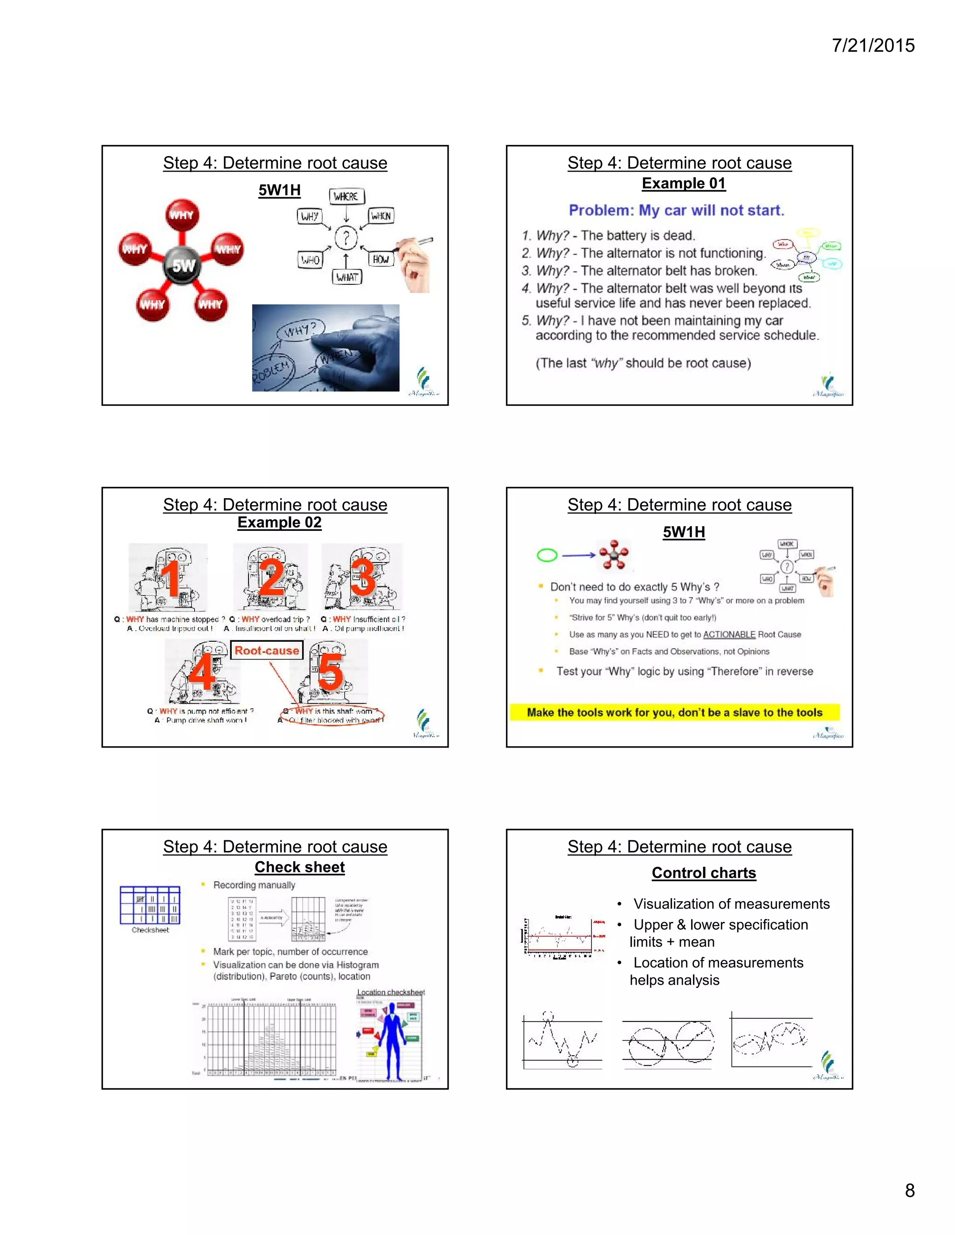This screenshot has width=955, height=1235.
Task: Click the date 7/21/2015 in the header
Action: click(x=873, y=46)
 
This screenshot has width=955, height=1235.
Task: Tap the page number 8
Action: click(x=909, y=1190)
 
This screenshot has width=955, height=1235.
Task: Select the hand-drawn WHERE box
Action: click(x=346, y=196)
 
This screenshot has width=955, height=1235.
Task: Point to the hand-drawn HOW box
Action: click(x=380, y=260)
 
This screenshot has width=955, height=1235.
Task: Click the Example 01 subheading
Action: click(x=684, y=183)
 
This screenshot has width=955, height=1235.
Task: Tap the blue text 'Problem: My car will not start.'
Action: click(x=676, y=210)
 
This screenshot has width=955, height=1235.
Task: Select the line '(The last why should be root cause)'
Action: click(x=643, y=363)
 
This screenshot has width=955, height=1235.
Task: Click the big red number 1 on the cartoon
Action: click(x=170, y=578)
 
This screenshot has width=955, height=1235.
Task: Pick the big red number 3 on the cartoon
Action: click(x=363, y=578)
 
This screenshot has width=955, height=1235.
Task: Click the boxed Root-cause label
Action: click(x=266, y=650)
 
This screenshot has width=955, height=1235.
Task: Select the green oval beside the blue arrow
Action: click(x=547, y=556)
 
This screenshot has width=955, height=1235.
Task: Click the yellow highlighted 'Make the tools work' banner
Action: click(x=674, y=713)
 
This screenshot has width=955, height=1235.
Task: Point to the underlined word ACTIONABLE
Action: click(x=729, y=634)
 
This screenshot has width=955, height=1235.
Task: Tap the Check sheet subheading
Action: click(x=299, y=867)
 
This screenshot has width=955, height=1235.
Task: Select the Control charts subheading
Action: click(x=703, y=872)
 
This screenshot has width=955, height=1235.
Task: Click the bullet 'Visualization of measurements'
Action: click(x=731, y=904)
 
